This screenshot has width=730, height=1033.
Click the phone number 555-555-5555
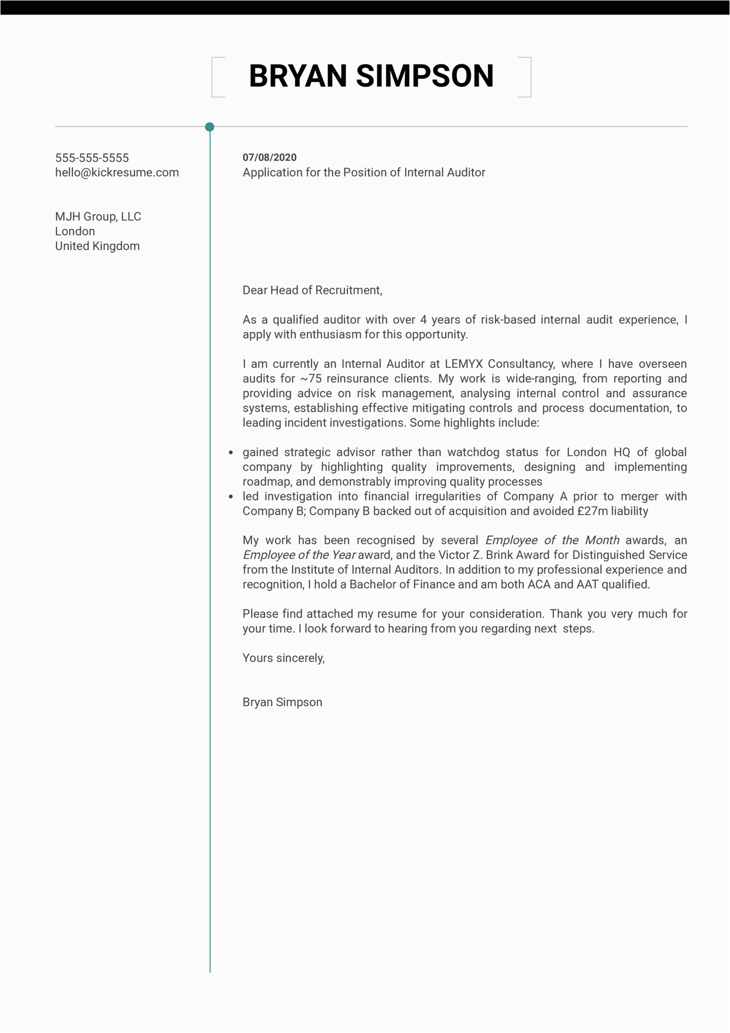[92, 158]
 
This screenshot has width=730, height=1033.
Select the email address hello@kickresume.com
[117, 173]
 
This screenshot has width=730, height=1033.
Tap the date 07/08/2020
[270, 158]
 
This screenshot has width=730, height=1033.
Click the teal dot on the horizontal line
[210, 127]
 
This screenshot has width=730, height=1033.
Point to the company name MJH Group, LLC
[98, 217]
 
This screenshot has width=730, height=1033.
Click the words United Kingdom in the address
[97, 246]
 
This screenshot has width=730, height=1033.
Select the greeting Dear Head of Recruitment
[312, 290]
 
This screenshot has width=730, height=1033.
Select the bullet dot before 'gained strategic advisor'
[231, 453]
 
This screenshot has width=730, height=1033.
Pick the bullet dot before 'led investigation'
[231, 497]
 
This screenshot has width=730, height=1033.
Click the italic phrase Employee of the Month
[552, 541]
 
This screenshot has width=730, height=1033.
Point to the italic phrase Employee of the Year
[299, 555]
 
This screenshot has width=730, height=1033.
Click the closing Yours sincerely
[283, 658]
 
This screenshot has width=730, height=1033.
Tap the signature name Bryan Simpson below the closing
[282, 702]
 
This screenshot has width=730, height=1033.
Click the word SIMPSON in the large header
[425, 77]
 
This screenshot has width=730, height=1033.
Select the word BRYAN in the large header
[298, 77]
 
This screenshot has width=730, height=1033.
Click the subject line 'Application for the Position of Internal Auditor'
[364, 173]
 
